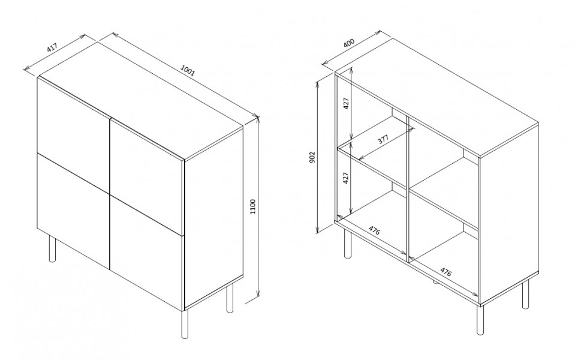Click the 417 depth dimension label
52,47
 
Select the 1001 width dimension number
187,70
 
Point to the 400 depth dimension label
349,43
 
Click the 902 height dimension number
312,158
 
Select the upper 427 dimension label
346,104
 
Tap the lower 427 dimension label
345,178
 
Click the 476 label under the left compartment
374,231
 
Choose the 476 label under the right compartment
445,272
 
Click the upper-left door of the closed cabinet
74,116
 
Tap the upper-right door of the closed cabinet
147,176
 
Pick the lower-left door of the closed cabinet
74,210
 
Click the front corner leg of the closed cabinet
185,324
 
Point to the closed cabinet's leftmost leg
52,249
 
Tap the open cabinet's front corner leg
480,319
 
